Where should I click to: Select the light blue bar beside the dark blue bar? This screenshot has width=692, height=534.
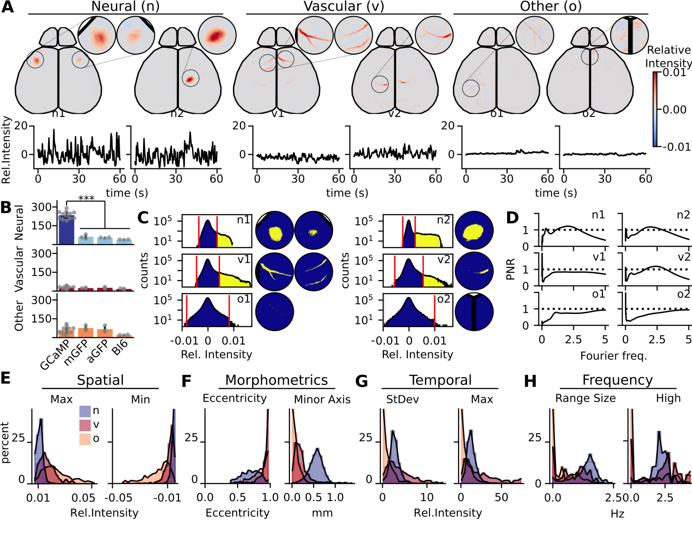(x=86, y=240)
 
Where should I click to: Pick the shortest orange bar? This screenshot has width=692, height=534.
(x=124, y=335)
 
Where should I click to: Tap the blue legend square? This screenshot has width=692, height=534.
(x=85, y=411)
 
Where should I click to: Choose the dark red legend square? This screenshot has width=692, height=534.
(x=85, y=425)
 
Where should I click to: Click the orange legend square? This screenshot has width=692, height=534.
(x=85, y=439)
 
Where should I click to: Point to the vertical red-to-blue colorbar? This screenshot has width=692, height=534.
(x=655, y=109)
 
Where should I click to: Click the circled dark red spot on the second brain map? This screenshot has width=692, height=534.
(x=190, y=80)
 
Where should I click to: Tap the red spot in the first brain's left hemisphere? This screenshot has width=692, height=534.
(x=36, y=61)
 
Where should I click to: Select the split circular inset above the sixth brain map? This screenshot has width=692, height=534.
(x=629, y=35)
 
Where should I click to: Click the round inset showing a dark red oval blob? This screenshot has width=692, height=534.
(x=217, y=35)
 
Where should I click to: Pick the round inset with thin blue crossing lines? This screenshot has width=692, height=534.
(x=534, y=35)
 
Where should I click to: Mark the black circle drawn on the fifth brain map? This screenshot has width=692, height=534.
(x=471, y=88)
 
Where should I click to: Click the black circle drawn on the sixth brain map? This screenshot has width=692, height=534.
(x=590, y=56)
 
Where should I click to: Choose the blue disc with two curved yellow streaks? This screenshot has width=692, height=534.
(x=314, y=272)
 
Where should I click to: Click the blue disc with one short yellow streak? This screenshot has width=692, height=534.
(x=474, y=271)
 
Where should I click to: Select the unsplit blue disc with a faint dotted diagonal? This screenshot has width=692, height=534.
(x=275, y=311)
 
